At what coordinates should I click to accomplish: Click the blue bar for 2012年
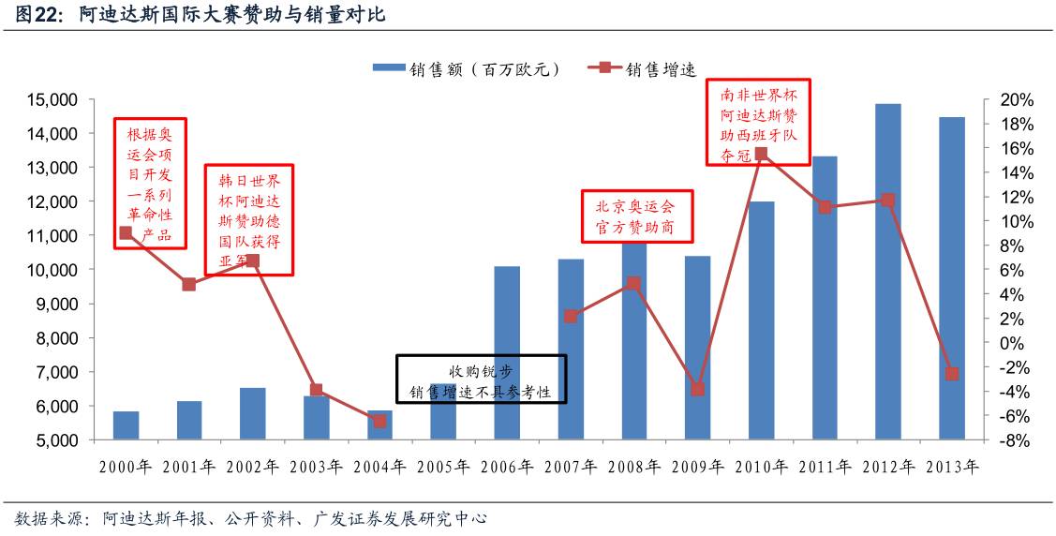coord(887,272)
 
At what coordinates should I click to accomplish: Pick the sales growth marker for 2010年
coord(761,154)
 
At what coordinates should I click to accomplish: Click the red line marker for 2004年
coord(379,421)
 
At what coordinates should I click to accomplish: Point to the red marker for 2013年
coord(952,374)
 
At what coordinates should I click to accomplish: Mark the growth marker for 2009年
coord(697,389)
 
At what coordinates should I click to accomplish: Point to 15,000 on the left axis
coord(52,100)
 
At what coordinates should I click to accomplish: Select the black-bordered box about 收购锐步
coord(482,379)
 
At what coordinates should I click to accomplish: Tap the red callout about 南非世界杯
coord(759,122)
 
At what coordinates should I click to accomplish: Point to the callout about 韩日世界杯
coord(248,220)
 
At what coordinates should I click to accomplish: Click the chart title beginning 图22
coord(198,16)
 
